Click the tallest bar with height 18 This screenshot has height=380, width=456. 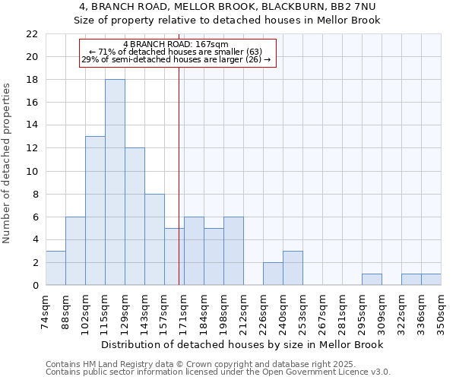pyautogui.click(x=115, y=182)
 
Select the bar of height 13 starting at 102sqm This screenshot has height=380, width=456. pyautogui.click(x=95, y=211)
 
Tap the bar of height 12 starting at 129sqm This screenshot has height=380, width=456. pyautogui.click(x=135, y=217)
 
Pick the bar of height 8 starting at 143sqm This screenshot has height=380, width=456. pyautogui.click(x=154, y=239)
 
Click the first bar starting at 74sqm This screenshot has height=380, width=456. pyautogui.click(x=55, y=268)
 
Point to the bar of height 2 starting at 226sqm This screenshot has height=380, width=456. pyautogui.click(x=273, y=274)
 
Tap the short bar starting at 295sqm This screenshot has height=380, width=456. pyautogui.click(x=372, y=280)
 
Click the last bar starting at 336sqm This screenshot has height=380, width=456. pyautogui.click(x=431, y=280)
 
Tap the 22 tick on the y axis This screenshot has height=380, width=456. pyautogui.click(x=31, y=34)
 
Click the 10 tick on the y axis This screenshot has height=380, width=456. pyautogui.click(x=31, y=171)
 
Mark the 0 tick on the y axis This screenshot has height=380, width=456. pyautogui.click(x=34, y=286)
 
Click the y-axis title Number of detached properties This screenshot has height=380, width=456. pyautogui.click(x=8, y=164)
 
